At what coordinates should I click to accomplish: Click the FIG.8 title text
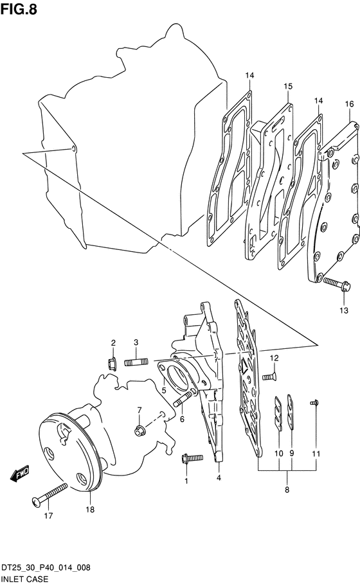tap(19, 9)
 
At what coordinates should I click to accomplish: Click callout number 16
tap(349, 104)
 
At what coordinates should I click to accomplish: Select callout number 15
tap(287, 86)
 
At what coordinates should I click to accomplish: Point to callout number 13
tap(344, 310)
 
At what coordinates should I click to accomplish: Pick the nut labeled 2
tap(111, 363)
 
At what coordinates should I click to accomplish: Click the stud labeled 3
tap(136, 362)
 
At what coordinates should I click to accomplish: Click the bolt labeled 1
tap(192, 459)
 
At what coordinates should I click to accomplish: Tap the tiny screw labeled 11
tap(314, 402)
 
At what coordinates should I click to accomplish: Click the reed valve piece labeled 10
tap(278, 414)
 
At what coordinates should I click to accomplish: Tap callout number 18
tap(90, 510)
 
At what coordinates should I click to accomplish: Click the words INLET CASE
tap(24, 579)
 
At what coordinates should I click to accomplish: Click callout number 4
tap(219, 477)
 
